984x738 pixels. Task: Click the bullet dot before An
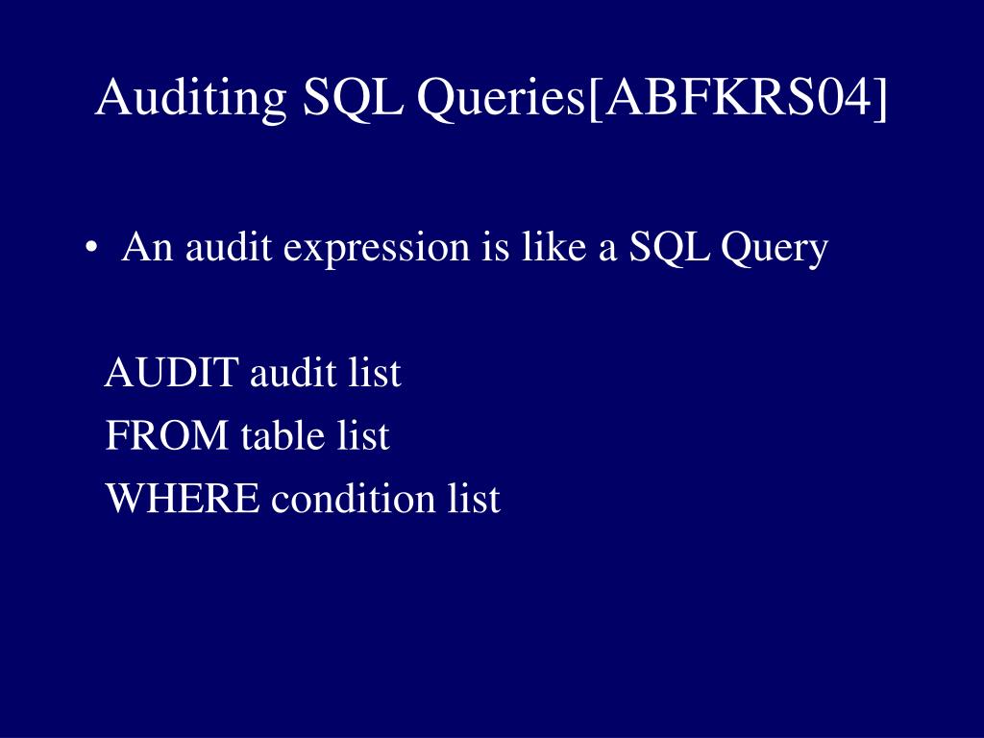pyautogui.click(x=90, y=250)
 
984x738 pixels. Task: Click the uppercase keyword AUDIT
pyautogui.click(x=171, y=373)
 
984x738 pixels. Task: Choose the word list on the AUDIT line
pyautogui.click(x=373, y=373)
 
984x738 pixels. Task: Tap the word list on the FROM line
pyautogui.click(x=363, y=436)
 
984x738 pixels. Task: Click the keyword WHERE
pyautogui.click(x=182, y=499)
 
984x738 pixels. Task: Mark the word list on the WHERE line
pyautogui.click(x=474, y=499)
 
